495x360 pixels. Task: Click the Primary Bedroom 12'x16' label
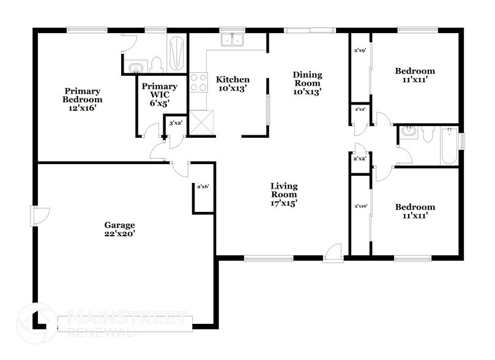(x=82, y=99)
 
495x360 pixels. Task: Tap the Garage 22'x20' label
(x=119, y=229)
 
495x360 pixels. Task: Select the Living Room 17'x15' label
(x=285, y=194)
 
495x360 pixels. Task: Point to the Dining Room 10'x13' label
(x=307, y=83)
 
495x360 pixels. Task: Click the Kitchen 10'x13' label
(x=233, y=84)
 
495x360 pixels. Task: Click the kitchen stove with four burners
(x=198, y=82)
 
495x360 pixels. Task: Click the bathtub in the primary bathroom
(x=177, y=53)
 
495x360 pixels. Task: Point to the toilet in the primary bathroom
(x=157, y=63)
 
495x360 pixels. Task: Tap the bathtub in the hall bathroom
(x=450, y=145)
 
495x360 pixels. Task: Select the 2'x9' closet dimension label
(x=360, y=51)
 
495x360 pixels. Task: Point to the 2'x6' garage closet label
(x=203, y=186)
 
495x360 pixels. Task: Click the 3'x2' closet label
(x=175, y=123)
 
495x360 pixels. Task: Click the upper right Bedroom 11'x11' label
(x=415, y=75)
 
